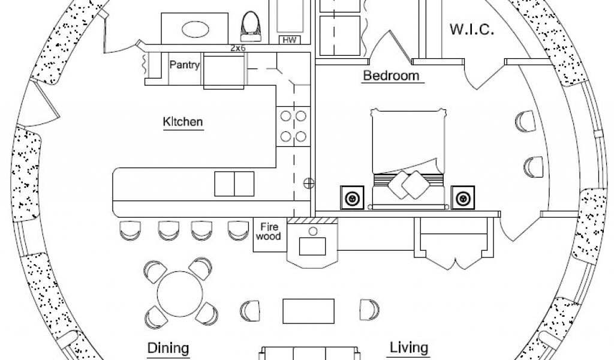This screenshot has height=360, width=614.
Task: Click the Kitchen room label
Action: tap(183, 122)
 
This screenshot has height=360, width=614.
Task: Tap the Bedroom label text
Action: tap(390, 76)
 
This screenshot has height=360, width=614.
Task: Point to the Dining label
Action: tap(168, 348)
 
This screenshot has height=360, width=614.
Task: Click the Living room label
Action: tap(409, 347)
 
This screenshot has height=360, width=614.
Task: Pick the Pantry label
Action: tap(184, 65)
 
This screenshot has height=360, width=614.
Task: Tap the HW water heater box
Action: tap(291, 40)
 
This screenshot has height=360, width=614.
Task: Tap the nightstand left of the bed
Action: tap(352, 197)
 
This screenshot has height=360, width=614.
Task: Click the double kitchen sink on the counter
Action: tap(234, 183)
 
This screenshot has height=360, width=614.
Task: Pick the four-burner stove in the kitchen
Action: tap(292, 126)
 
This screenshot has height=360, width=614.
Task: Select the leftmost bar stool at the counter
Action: tap(129, 229)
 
